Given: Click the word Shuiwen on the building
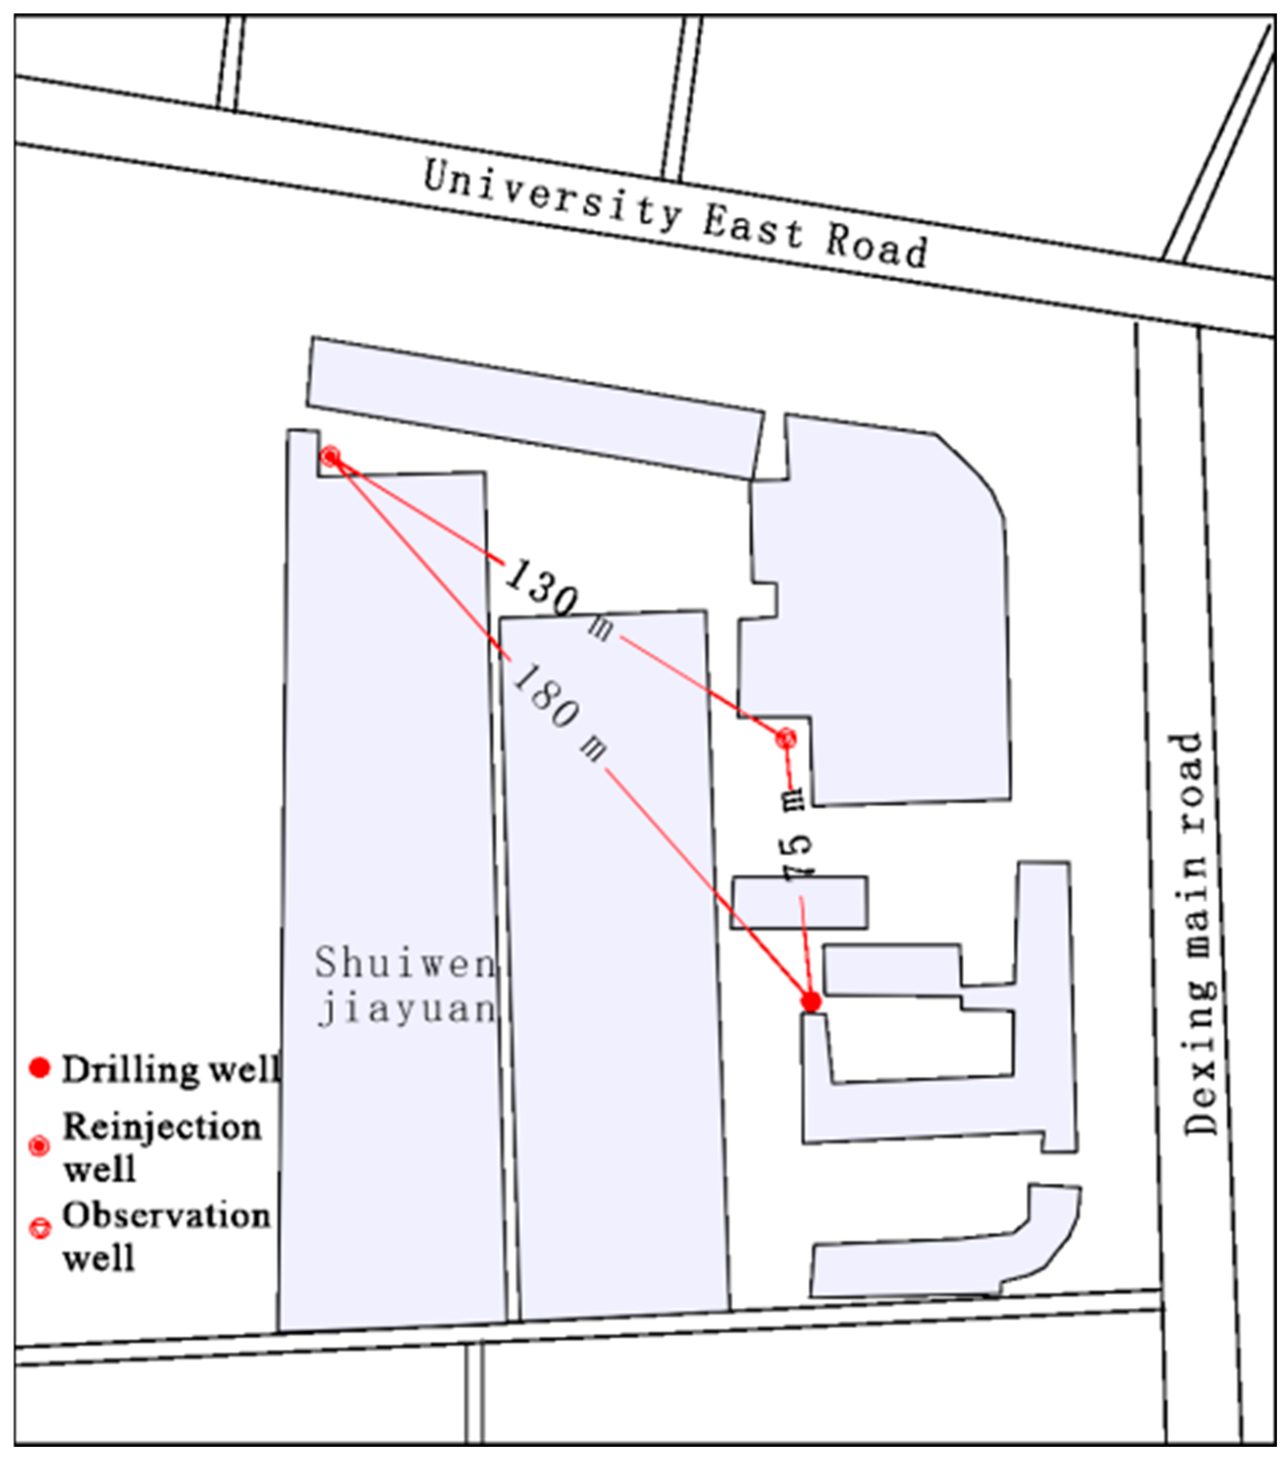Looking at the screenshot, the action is pos(405,962).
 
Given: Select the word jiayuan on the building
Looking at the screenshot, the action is pos(406,1010).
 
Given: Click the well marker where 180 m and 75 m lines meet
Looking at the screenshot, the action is pos(811,1002).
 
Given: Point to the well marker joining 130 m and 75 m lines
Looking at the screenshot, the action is pos(786,738).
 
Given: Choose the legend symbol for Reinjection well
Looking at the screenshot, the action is pos(39,1146).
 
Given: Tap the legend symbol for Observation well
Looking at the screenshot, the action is pos(39,1228).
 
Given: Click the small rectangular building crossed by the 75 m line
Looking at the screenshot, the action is pos(799,902).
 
